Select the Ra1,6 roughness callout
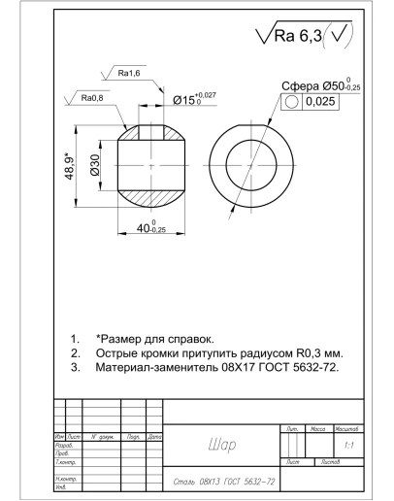130,73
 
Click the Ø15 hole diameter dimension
194,98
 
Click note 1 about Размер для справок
155,339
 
